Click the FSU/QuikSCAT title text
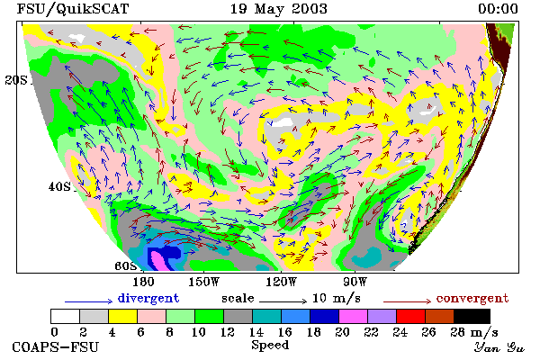click(x=73, y=9)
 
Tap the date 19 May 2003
click(x=278, y=9)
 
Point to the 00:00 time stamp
click(x=498, y=9)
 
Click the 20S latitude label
click(x=16, y=80)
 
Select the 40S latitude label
click(x=60, y=187)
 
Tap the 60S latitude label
click(x=126, y=266)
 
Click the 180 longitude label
click(x=143, y=282)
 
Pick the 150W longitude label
click(x=204, y=282)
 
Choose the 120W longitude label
click(x=281, y=282)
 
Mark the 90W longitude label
click(x=355, y=282)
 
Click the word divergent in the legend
click(x=148, y=298)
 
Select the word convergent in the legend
click(x=472, y=298)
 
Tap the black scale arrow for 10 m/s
click(x=283, y=301)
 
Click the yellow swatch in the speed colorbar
click(x=122, y=316)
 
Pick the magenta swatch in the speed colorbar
click(x=353, y=316)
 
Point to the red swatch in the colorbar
click(x=410, y=316)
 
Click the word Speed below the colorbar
click(x=270, y=346)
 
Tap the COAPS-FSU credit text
click(x=56, y=347)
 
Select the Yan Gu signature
click(x=499, y=347)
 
